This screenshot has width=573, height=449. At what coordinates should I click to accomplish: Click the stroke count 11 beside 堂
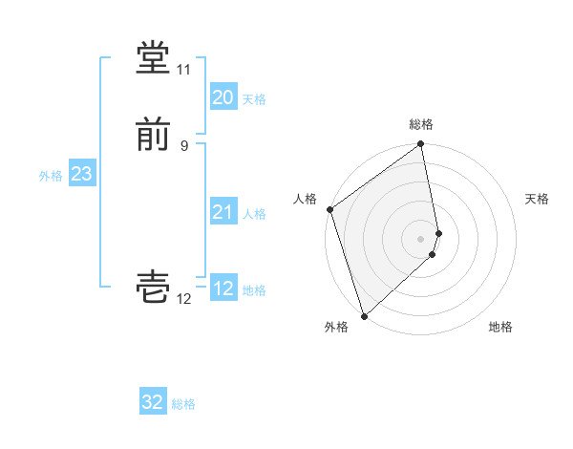point(183,71)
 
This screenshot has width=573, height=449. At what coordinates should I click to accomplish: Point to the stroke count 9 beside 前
point(184,145)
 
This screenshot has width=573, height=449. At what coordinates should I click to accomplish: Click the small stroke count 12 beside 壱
point(183,299)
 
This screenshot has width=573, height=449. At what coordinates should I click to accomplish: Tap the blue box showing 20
point(223,97)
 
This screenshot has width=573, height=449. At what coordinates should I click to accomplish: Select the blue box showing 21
point(223,212)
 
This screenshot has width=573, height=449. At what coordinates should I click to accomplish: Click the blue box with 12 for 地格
point(223,289)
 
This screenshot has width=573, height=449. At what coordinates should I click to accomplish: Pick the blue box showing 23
point(81,174)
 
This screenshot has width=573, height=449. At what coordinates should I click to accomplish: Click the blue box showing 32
point(153,402)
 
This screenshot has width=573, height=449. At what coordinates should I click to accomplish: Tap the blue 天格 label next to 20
point(254,99)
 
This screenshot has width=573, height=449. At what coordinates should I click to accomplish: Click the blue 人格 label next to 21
point(254,214)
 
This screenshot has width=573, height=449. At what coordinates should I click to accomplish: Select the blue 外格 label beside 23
point(51,176)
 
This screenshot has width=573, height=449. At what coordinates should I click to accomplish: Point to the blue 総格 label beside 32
point(183,404)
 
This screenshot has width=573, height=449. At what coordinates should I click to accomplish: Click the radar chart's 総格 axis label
point(421,124)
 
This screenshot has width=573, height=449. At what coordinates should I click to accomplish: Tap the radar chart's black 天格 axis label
point(537,199)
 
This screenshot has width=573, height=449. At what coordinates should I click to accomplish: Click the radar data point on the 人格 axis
point(329,209)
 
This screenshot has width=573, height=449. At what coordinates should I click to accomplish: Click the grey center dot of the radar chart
point(421,238)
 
